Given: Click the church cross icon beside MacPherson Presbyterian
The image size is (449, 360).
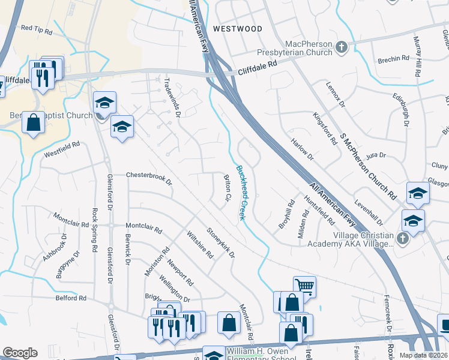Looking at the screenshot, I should [341, 46].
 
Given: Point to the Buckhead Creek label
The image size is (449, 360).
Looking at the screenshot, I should [241, 193].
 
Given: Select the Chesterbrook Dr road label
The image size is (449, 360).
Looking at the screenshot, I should [148, 176].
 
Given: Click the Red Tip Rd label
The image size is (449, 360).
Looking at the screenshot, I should [37, 28].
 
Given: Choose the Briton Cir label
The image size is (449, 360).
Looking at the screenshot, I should [228, 188].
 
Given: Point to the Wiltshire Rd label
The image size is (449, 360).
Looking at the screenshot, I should [200, 245].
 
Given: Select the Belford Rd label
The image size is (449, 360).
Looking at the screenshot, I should [70, 298].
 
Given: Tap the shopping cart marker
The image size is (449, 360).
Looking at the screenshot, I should [305, 286].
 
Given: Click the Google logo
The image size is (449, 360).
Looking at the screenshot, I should [20, 353].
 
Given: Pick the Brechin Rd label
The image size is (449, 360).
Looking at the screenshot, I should [393, 61].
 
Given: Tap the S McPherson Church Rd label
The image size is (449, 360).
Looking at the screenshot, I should [367, 166].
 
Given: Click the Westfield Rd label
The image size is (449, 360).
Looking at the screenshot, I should [62, 149].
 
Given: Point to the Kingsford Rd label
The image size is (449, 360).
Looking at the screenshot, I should [325, 129].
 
